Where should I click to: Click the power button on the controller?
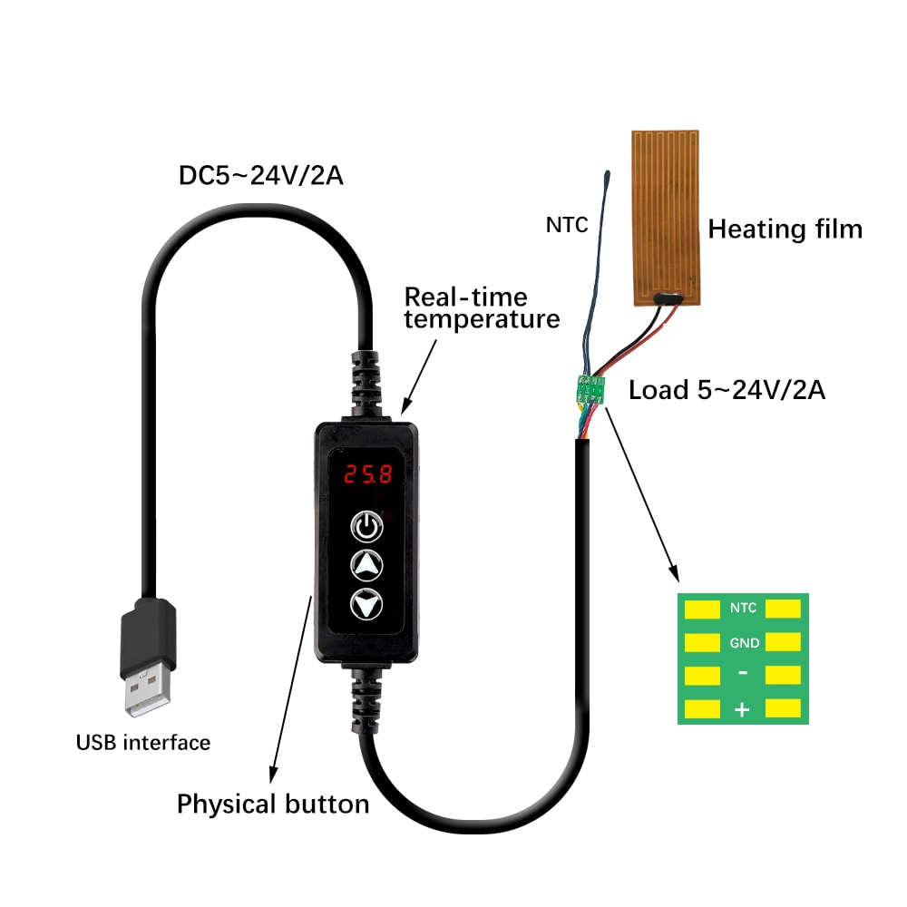(x=366, y=525)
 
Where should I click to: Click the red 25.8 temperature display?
(x=367, y=473)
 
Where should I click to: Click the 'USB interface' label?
(x=143, y=743)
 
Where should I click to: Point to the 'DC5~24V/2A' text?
(x=260, y=175)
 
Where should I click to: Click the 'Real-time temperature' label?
(x=481, y=307)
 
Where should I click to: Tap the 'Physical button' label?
(x=272, y=804)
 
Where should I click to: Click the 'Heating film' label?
(x=785, y=229)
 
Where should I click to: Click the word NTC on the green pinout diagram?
(x=743, y=609)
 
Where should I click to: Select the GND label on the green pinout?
(x=743, y=642)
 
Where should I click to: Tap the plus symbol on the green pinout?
(x=742, y=710)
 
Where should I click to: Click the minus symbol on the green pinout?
(x=743, y=675)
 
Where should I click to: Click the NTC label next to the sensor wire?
(x=567, y=223)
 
